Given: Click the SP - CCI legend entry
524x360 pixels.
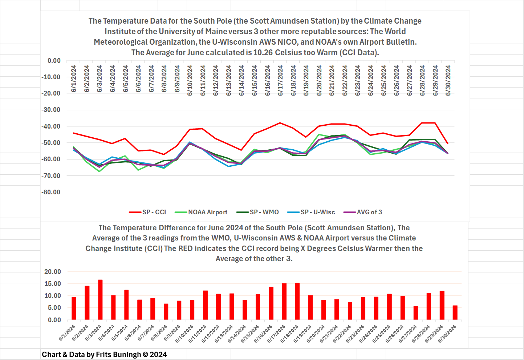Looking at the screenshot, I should coord(148,212).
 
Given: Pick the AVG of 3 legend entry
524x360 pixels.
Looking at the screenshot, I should coord(363,212).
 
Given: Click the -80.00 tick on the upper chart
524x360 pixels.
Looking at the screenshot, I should coord(51,192).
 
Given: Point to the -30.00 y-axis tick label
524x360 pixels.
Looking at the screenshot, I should coord(51,110).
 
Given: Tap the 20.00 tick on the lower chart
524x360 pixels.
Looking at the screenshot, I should coord(53,272).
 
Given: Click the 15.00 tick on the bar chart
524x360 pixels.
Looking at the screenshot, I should coord(53,284).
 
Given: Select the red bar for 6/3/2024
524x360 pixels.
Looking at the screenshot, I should coord(100,300).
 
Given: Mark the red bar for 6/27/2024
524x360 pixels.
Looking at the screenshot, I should coord(415,313).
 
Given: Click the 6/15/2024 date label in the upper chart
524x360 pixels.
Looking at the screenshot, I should coord(255,80).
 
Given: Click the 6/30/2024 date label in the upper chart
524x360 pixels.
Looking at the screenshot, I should coord(448,80).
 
